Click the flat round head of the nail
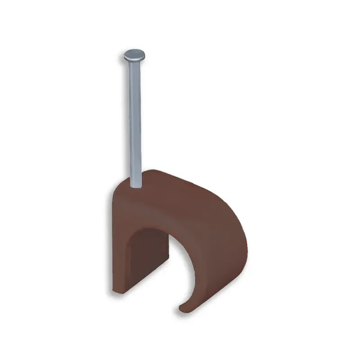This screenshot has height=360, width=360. (x=134, y=57)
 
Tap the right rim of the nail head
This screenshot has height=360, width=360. (x=145, y=56)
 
